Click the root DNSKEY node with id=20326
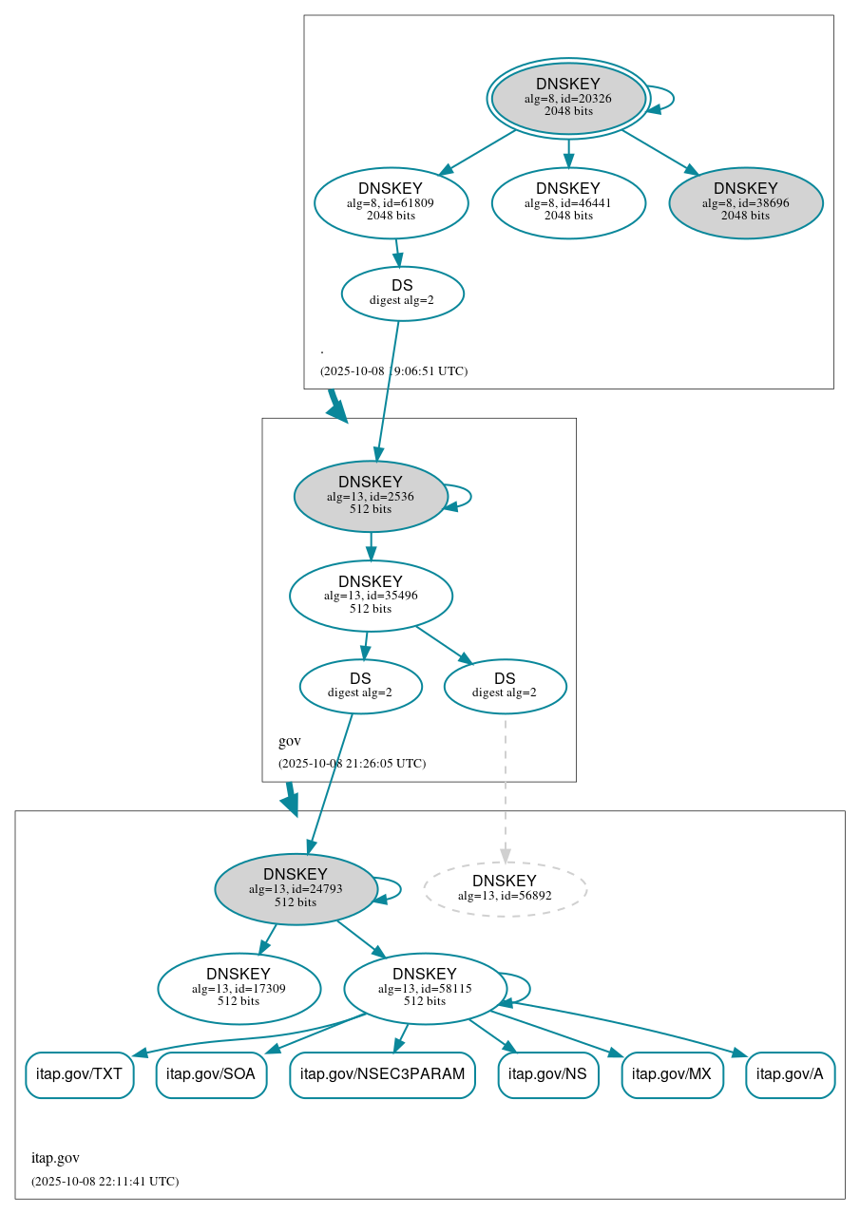(x=568, y=98)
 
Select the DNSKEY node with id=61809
(x=391, y=202)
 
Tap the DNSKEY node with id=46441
(x=568, y=202)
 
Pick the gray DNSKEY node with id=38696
(x=745, y=202)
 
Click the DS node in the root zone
(x=402, y=294)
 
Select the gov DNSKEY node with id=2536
(x=371, y=496)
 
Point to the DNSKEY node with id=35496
(x=371, y=596)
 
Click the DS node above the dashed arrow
(x=505, y=686)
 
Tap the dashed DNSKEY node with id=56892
(x=505, y=889)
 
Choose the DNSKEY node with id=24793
(x=296, y=889)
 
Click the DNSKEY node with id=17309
(x=239, y=989)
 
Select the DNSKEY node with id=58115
(x=425, y=989)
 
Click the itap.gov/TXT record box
(x=79, y=1074)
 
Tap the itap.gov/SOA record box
(x=211, y=1074)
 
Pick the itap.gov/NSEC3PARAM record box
(x=382, y=1074)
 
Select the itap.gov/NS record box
(x=547, y=1074)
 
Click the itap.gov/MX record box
(x=672, y=1074)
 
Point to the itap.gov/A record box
(x=790, y=1074)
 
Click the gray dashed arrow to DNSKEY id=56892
(x=505, y=788)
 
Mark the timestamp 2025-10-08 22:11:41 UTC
(x=105, y=1182)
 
